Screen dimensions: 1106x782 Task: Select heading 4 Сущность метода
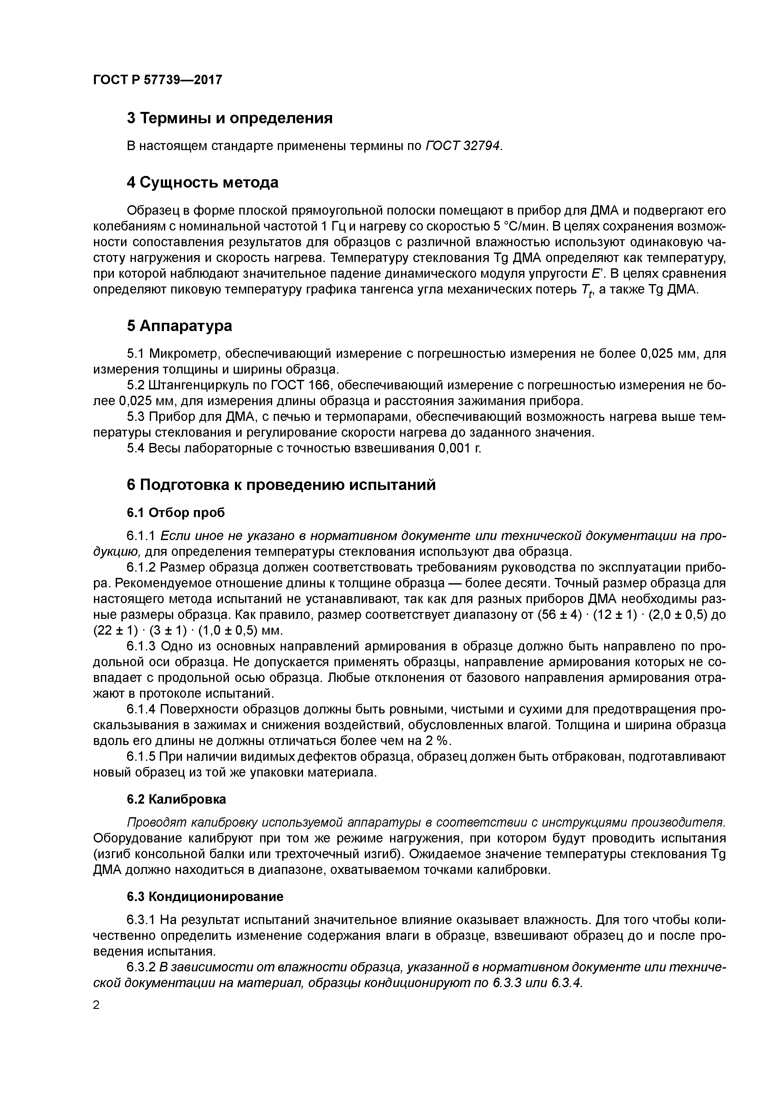click(x=202, y=183)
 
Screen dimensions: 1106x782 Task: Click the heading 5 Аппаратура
click(x=179, y=326)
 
